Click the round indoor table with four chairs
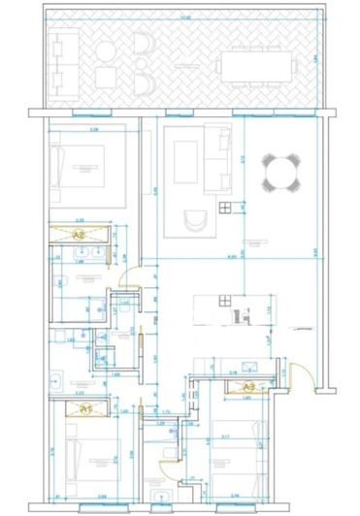(282, 175)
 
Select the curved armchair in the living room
(198, 221)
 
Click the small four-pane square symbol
(226, 207)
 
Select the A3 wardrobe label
(248, 385)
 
